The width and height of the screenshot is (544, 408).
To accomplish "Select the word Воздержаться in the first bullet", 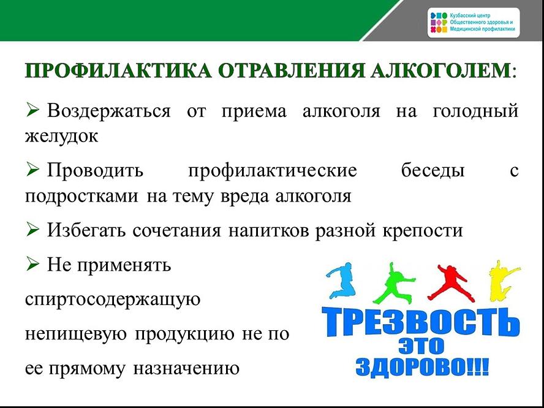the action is [x=109, y=112].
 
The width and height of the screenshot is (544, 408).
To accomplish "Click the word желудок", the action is [x=61, y=137].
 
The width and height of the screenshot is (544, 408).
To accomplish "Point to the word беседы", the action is [x=433, y=170].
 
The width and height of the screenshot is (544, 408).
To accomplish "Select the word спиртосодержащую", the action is [x=113, y=300].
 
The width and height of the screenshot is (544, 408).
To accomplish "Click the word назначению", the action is [x=186, y=368].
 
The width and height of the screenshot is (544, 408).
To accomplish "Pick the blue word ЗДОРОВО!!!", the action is [x=422, y=366].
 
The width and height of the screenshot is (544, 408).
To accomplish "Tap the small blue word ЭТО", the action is [x=421, y=346].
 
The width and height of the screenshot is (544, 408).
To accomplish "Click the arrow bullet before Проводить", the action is [x=32, y=170].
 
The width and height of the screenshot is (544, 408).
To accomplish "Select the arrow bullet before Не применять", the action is [x=32, y=265].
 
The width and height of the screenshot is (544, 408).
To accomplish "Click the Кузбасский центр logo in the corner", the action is [x=474, y=23].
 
